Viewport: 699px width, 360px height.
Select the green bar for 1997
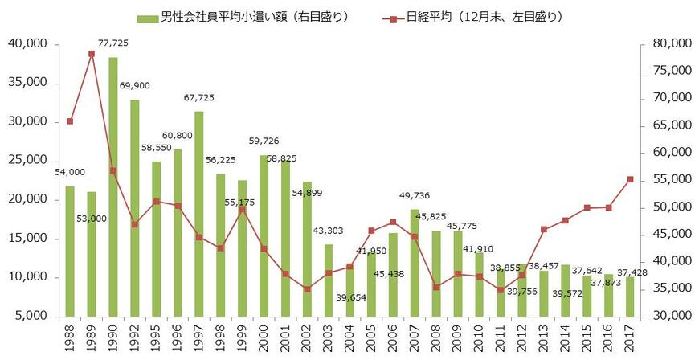coord(198,213)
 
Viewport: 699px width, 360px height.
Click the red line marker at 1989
coord(92,54)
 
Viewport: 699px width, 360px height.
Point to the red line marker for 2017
coord(630,179)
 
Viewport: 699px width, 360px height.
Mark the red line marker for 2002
coord(307,289)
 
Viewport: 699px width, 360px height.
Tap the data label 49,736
coord(415,194)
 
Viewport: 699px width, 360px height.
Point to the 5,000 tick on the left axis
coord(31,316)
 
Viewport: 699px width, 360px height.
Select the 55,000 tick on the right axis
coord(668,180)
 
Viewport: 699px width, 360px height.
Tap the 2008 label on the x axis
coord(436,338)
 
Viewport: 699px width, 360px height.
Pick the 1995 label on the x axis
coord(156,338)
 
